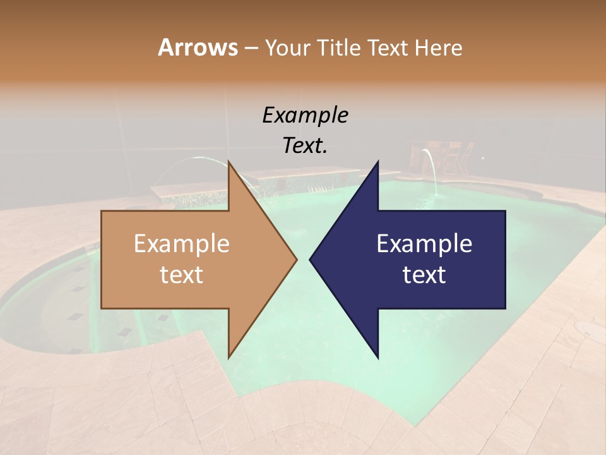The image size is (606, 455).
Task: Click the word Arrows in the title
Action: point(198,47)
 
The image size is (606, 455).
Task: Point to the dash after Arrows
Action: point(251,49)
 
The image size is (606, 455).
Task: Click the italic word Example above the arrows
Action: point(305,116)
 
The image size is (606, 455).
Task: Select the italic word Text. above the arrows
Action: point(305,145)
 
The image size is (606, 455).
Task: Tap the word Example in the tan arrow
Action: point(181,244)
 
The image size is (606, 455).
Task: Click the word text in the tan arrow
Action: point(181,275)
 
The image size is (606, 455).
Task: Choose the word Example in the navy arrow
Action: point(424,244)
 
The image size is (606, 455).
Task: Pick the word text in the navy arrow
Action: point(424,275)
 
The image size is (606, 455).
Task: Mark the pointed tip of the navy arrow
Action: point(311,259)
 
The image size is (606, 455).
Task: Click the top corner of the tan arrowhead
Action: point(229,162)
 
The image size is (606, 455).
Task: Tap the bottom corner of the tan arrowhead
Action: point(229,356)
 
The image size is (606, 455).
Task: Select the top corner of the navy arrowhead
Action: point(377,162)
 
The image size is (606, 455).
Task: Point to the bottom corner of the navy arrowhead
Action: point(377,356)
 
